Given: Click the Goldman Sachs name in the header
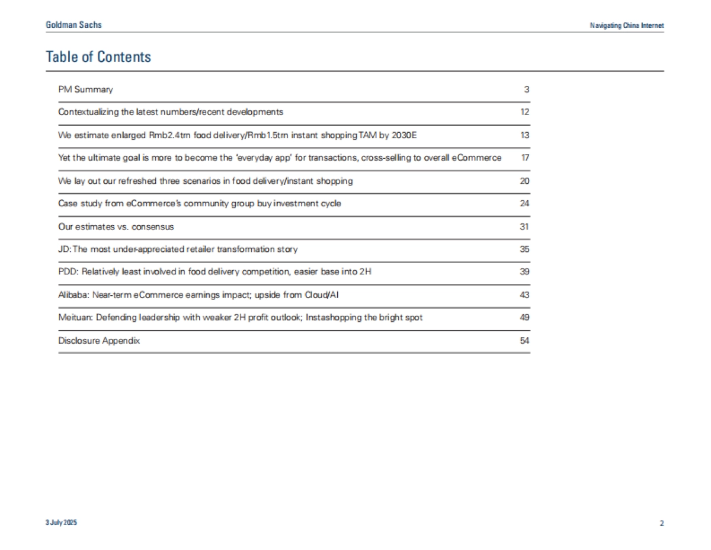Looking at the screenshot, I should point(73,25).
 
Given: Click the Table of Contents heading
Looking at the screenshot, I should point(98,57).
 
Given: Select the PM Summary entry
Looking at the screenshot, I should point(85,89).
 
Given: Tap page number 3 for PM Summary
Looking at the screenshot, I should point(526,89).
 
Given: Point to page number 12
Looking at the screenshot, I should point(524,112).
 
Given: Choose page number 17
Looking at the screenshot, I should point(525,158).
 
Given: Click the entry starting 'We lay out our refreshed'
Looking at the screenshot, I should point(205,181).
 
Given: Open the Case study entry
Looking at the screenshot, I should point(199,203).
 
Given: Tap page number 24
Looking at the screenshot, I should point(524,203).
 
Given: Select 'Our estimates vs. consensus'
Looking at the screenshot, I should point(116,226).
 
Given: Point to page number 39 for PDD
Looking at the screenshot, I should point(524,271).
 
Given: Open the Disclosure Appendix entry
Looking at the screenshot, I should point(99,341).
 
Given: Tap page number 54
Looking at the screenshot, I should point(524,341).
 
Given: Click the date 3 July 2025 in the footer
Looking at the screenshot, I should point(61,523).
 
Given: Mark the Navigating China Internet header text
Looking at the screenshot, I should point(627,25).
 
